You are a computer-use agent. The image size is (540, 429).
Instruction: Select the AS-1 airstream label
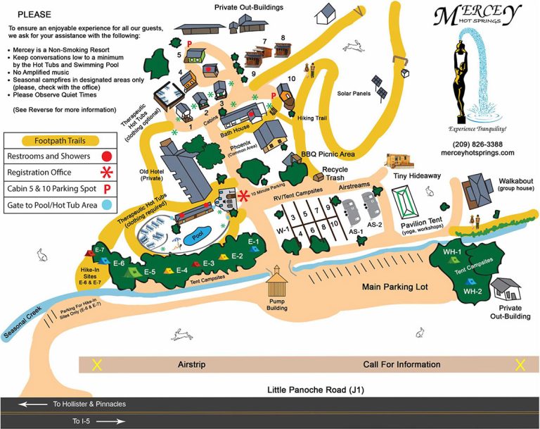pyautogui.click(x=355, y=232)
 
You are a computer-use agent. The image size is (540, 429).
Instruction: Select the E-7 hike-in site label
pyautogui.click(x=99, y=250)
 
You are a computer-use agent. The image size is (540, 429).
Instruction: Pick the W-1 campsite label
pyautogui.click(x=283, y=230)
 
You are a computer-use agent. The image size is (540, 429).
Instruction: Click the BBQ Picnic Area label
pyautogui.click(x=327, y=153)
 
